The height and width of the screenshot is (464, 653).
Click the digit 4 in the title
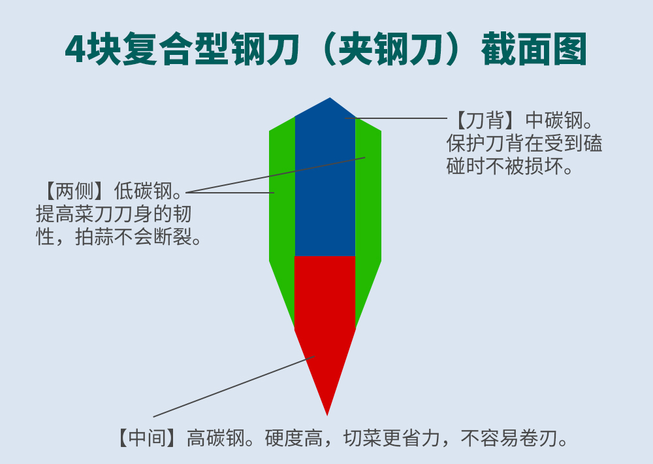pos(77,50)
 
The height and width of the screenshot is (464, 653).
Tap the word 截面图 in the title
pos(534,50)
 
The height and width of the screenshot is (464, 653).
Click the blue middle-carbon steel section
pos(325,190)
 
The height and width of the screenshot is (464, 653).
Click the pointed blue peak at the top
pos(330,102)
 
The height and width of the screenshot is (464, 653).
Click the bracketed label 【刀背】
pos(479,121)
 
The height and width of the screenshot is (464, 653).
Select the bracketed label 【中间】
pos(147,438)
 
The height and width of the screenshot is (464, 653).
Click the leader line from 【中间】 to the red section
pos(235,386)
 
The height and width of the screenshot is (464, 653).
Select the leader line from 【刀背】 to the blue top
pos(398,119)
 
